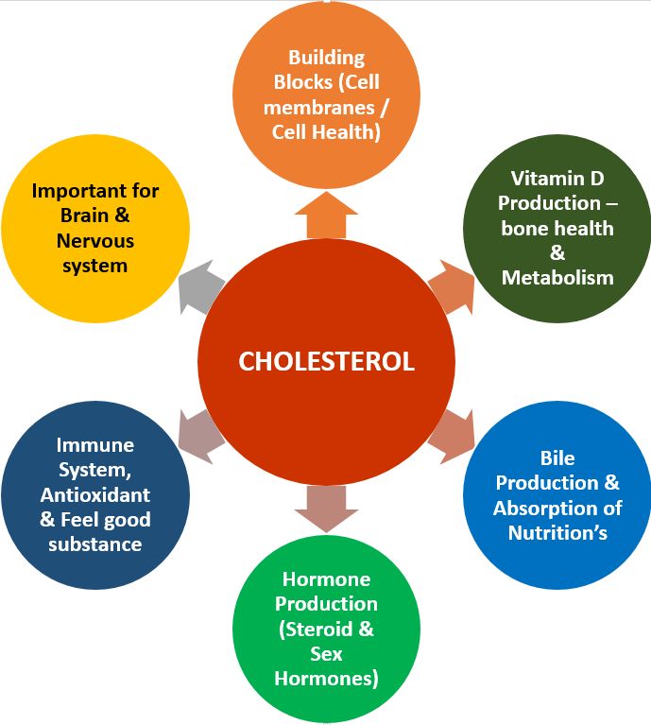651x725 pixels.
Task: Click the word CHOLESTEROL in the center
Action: click(x=326, y=362)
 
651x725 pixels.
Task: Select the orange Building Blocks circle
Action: click(x=326, y=85)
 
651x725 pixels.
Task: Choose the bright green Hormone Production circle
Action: click(x=326, y=629)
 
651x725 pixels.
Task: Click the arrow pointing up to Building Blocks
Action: click(x=326, y=212)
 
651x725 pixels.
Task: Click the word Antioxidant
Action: click(x=94, y=495)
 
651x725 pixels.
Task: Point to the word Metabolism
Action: click(x=557, y=278)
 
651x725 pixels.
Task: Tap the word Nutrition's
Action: click(x=557, y=532)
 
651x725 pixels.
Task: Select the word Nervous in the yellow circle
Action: click(x=94, y=241)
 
